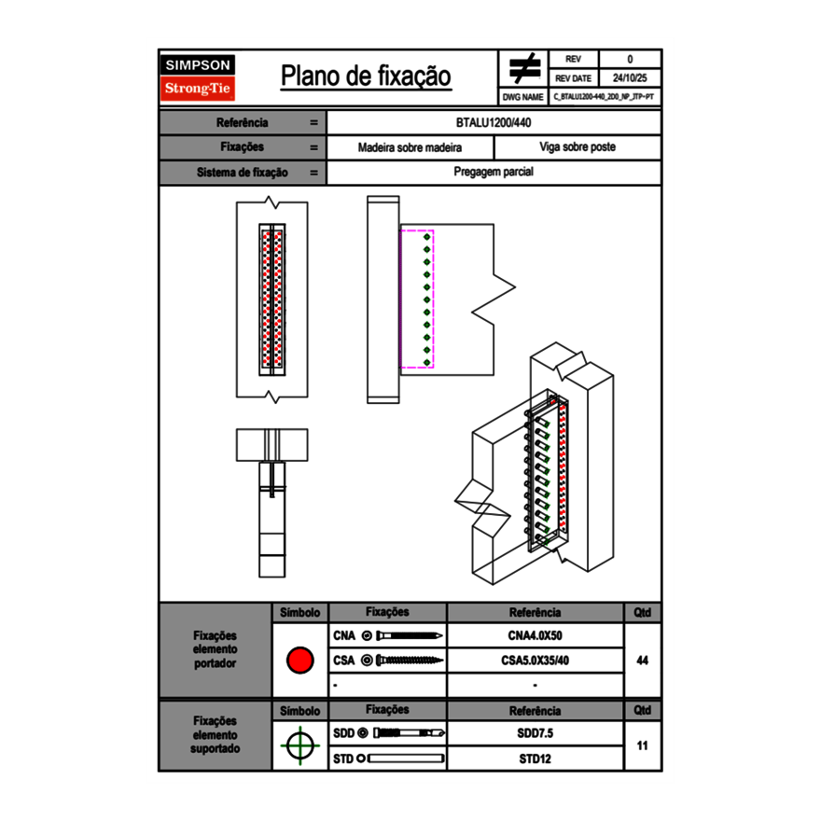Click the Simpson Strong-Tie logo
coord(198,77)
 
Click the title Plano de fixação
coord(366,76)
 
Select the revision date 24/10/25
coord(630,78)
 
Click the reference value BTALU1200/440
coord(494,123)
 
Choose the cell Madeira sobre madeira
coord(410,147)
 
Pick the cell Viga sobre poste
coord(577,147)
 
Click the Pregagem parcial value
coord(494,173)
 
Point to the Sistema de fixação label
coord(243,173)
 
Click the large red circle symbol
coord(299,661)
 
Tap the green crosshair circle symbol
coord(299,745)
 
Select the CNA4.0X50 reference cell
coord(535,636)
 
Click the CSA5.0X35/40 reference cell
coord(535,661)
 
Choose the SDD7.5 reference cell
coord(535,733)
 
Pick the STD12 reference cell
coord(535,758)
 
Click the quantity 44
coord(642,661)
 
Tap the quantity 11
coord(642,745)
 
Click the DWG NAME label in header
coord(522,96)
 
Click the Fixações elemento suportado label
coord(216,734)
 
